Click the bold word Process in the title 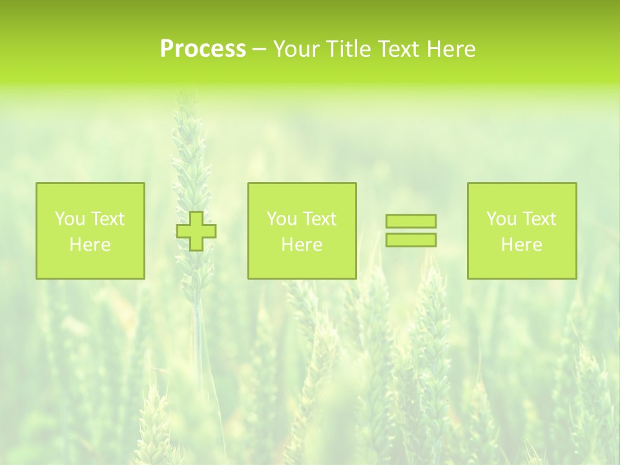click(x=203, y=49)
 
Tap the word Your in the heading click(x=297, y=49)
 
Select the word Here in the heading click(x=451, y=49)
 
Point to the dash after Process click(x=259, y=49)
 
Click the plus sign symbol click(x=196, y=231)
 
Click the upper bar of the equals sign click(x=411, y=221)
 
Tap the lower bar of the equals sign click(x=411, y=240)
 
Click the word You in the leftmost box click(x=68, y=219)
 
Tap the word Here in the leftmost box click(x=90, y=245)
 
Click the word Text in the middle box click(x=319, y=219)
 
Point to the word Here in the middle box click(x=302, y=245)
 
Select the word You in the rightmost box click(x=501, y=219)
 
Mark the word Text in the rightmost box click(x=539, y=219)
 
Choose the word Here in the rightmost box click(x=521, y=245)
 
